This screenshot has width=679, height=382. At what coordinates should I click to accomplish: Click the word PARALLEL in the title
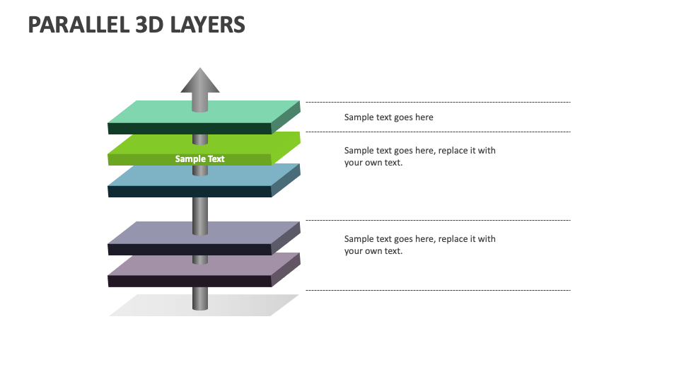76,25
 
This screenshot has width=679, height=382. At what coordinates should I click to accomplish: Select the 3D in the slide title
149,25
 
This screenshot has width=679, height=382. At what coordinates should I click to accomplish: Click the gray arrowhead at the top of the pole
200,81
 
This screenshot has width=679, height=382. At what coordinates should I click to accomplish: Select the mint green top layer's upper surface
156,112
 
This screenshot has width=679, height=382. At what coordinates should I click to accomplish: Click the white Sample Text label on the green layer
200,159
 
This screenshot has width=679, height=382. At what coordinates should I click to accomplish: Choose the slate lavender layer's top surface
156,233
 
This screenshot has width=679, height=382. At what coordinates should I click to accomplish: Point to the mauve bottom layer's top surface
156,265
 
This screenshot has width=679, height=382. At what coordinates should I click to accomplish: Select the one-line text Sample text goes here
388,117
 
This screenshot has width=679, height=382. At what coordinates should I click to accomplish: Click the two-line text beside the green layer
419,156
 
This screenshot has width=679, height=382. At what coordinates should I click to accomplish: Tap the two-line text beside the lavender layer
419,245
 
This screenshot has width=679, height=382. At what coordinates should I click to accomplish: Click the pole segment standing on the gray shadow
200,298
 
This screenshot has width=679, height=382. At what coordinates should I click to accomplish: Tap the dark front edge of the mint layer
190,128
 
